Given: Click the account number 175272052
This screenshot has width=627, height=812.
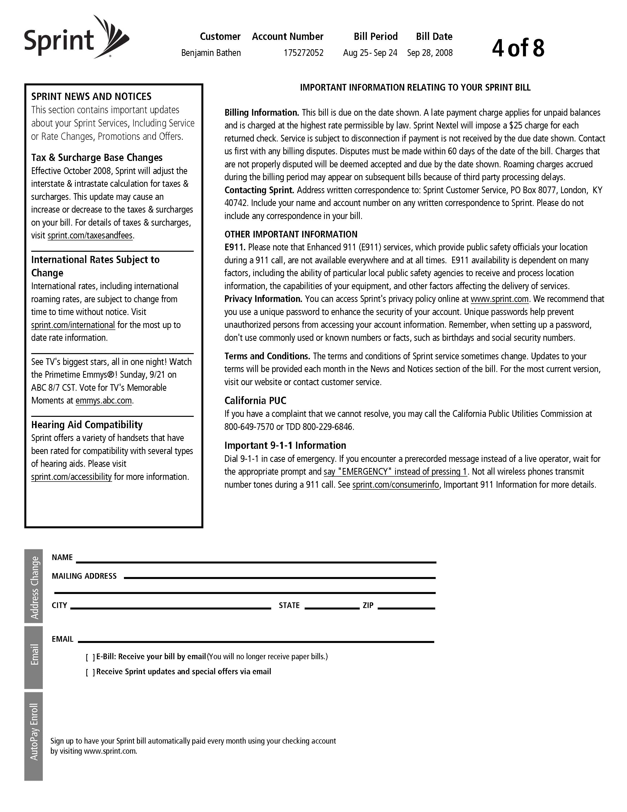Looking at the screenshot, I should [303, 53].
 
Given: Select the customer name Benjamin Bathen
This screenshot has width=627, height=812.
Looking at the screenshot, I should [211, 53].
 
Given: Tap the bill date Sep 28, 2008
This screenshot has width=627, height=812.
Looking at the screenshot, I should [430, 53].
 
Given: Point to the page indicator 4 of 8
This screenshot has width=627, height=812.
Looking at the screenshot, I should [518, 48].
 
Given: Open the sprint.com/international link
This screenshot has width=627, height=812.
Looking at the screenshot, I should [73, 325].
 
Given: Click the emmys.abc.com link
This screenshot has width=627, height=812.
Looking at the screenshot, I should [104, 401].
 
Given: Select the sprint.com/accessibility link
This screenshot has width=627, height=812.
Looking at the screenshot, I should [71, 477].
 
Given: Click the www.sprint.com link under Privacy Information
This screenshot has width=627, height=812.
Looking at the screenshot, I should [500, 299].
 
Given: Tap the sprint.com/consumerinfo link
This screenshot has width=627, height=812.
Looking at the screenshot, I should [396, 485].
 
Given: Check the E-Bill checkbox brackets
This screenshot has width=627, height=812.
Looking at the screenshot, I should [90, 657].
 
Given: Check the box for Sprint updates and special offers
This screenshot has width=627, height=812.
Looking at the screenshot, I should [90, 672].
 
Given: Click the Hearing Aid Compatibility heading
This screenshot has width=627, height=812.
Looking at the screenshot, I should [87, 425].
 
